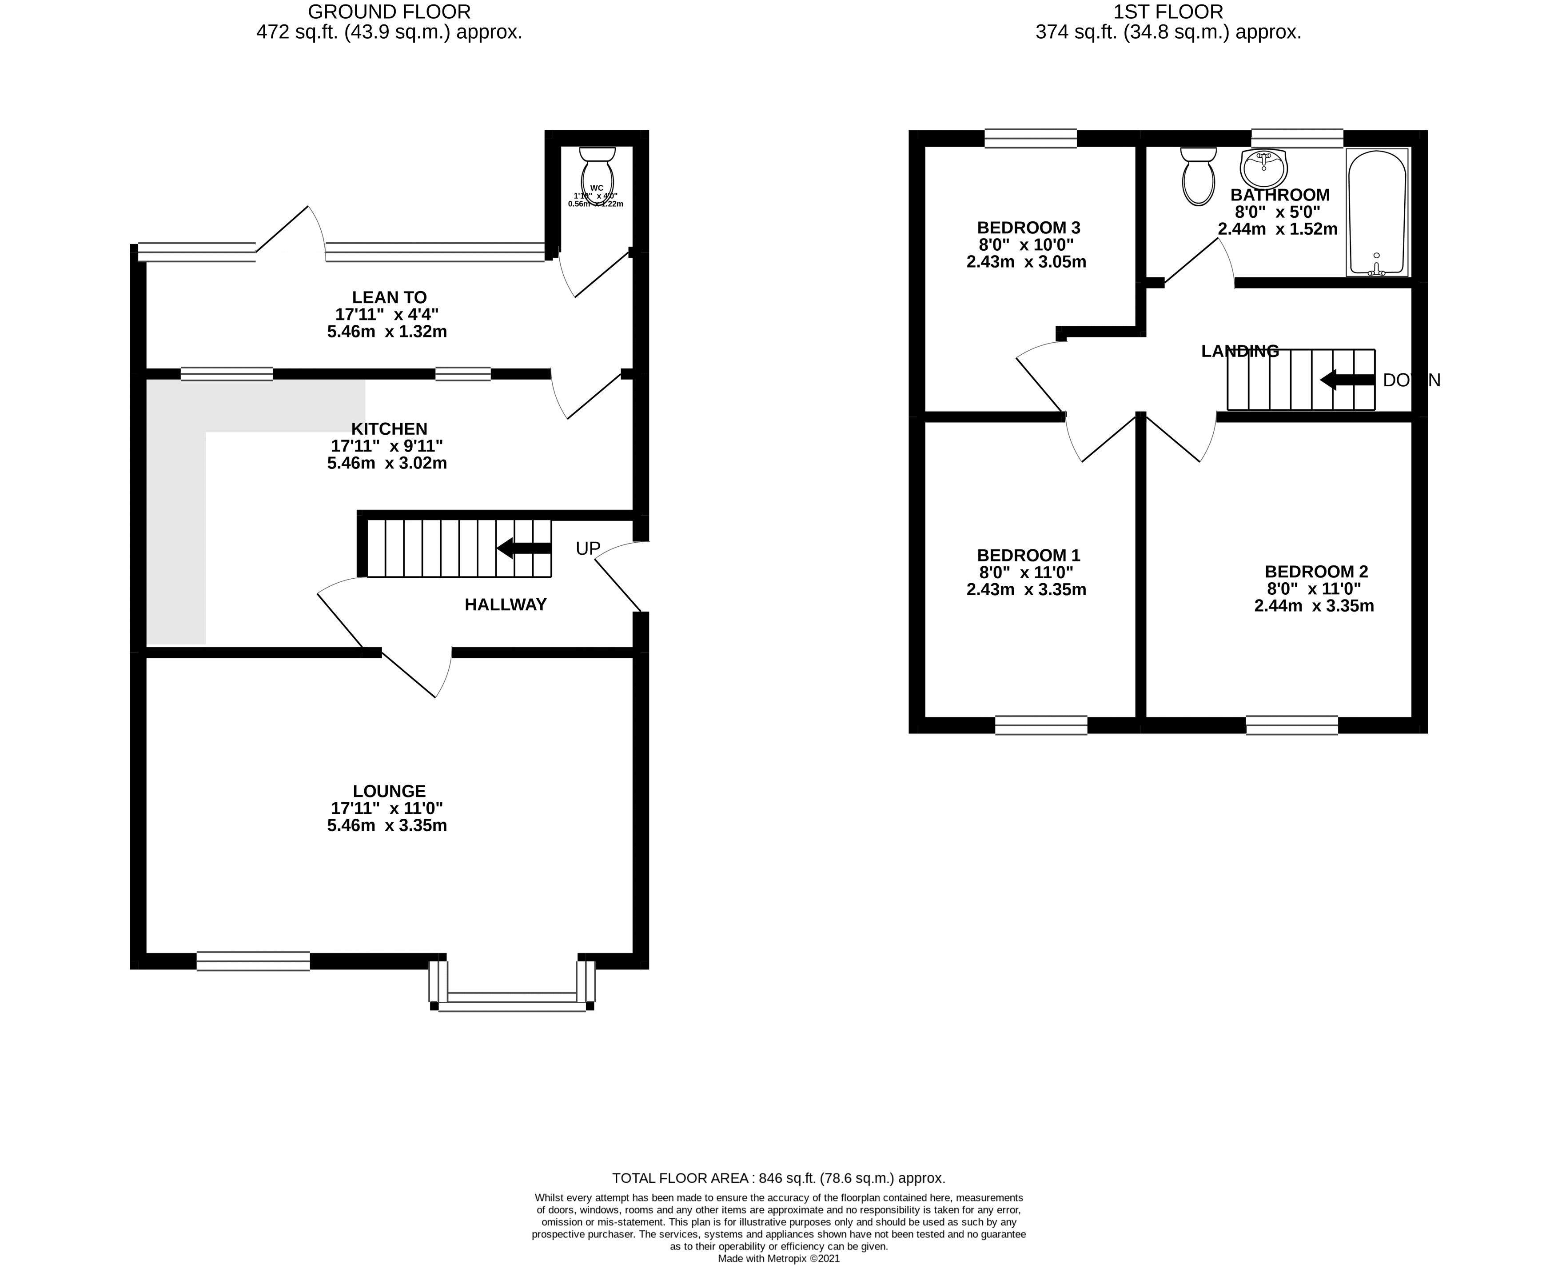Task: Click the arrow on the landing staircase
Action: click(x=1347, y=380)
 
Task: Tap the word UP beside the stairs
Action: click(x=588, y=548)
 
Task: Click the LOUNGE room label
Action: click(x=389, y=791)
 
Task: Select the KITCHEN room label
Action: click(x=389, y=428)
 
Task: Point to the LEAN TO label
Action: click(x=389, y=297)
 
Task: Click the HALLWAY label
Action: click(x=506, y=604)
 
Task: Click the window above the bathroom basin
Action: click(x=1296, y=138)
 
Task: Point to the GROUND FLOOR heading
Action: click(x=389, y=12)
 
